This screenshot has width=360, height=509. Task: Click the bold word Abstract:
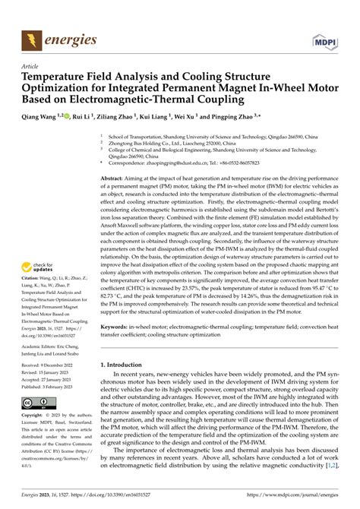(x=115, y=176)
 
